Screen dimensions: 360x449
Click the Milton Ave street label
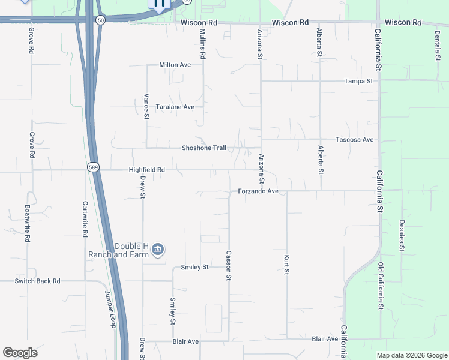pyautogui.click(x=175, y=65)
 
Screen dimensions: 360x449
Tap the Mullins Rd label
pyautogui.click(x=203, y=44)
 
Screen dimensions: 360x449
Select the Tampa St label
pyautogui.click(x=359, y=81)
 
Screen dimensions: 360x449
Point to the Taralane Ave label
pyautogui.click(x=175, y=107)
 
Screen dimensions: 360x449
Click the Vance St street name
pyautogui.click(x=146, y=106)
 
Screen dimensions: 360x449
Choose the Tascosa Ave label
pyautogui.click(x=355, y=140)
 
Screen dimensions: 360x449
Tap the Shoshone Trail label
pyautogui.click(x=204, y=148)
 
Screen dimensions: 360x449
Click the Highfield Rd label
pyautogui.click(x=146, y=170)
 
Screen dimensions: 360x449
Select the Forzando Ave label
pyautogui.click(x=258, y=191)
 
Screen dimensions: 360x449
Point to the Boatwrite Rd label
pyautogui.click(x=27, y=223)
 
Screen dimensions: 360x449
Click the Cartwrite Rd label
pyautogui.click(x=85, y=217)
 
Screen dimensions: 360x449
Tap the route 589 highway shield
pyautogui.click(x=92, y=167)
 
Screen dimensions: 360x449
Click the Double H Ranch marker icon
pyautogui.click(x=158, y=249)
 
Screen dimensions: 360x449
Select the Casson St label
pyautogui.click(x=229, y=265)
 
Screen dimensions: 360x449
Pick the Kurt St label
pyautogui.click(x=286, y=265)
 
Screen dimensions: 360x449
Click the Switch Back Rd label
pyautogui.click(x=38, y=281)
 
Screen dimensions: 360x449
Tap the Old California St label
pyautogui.click(x=381, y=286)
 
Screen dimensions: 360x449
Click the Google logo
pyautogui.click(x=20, y=353)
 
